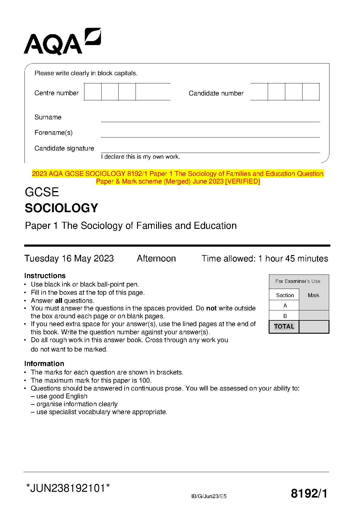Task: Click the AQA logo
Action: coord(62,42)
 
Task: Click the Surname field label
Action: coord(48,117)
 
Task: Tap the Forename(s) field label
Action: coord(54,133)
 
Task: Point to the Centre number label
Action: coord(57,93)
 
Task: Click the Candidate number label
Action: coord(216,93)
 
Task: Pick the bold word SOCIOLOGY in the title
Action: coord(61,208)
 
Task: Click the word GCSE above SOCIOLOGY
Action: coord(42,192)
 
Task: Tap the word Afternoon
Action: coord(156,259)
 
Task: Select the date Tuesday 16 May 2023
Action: coord(69,259)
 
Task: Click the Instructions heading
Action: coord(45,276)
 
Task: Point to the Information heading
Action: coord(44,364)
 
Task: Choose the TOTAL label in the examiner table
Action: coord(284,326)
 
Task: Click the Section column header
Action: coord(285,295)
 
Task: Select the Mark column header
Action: coord(313,295)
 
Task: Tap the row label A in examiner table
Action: coord(285,306)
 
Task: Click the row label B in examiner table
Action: coord(285,316)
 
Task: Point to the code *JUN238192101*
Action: coord(68,488)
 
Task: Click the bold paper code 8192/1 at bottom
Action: coord(309,494)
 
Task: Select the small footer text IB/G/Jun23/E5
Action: coord(209,496)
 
